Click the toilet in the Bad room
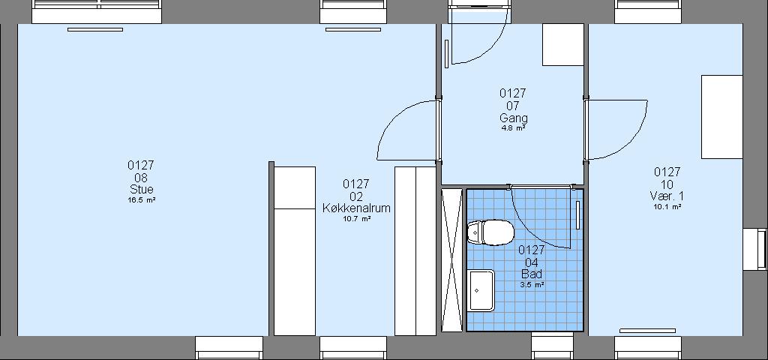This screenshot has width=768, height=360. (490, 232)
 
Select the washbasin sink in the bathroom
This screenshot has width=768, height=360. (481, 290)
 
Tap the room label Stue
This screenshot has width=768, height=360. (142, 189)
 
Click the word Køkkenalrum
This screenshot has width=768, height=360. (356, 208)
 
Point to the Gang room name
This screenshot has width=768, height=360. (514, 118)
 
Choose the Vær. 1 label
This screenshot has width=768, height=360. (667, 196)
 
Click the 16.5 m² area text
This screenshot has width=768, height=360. (142, 199)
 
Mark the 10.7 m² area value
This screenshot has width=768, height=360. (356, 219)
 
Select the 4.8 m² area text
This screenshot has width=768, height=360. (513, 128)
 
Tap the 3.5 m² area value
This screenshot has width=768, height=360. (532, 284)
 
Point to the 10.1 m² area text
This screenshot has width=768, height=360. (667, 207)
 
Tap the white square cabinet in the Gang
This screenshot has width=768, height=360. (562, 44)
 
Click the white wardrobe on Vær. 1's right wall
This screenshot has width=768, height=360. (722, 116)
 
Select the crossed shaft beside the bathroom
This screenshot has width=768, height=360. (451, 260)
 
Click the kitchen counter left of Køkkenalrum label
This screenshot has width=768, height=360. (294, 250)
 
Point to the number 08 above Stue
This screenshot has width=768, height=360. (141, 177)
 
